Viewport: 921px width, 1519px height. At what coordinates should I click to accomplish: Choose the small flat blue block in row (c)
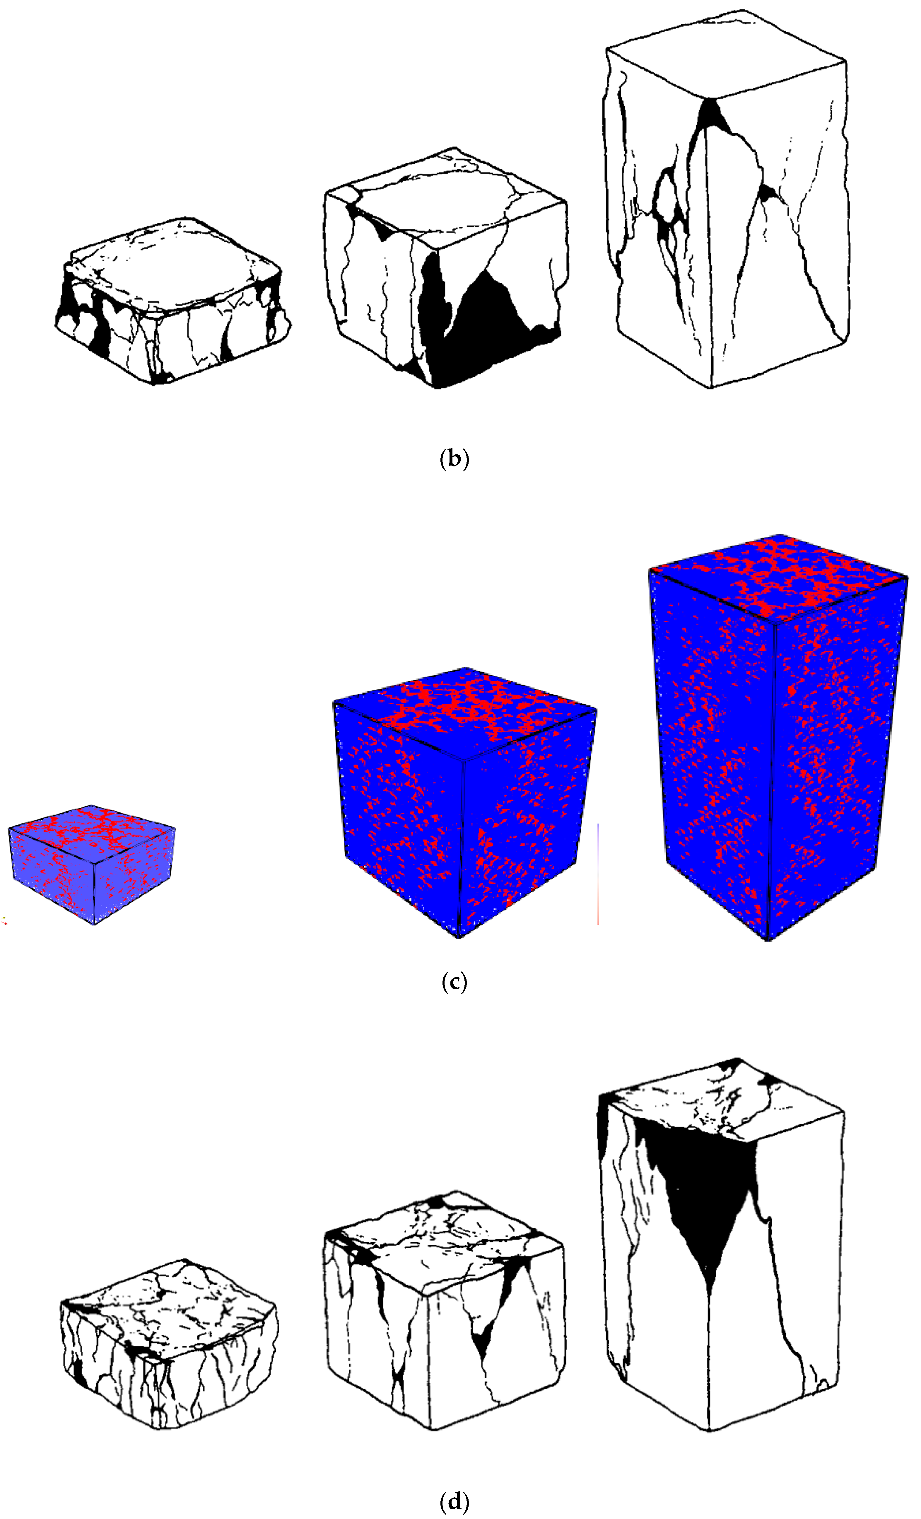click(93, 863)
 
